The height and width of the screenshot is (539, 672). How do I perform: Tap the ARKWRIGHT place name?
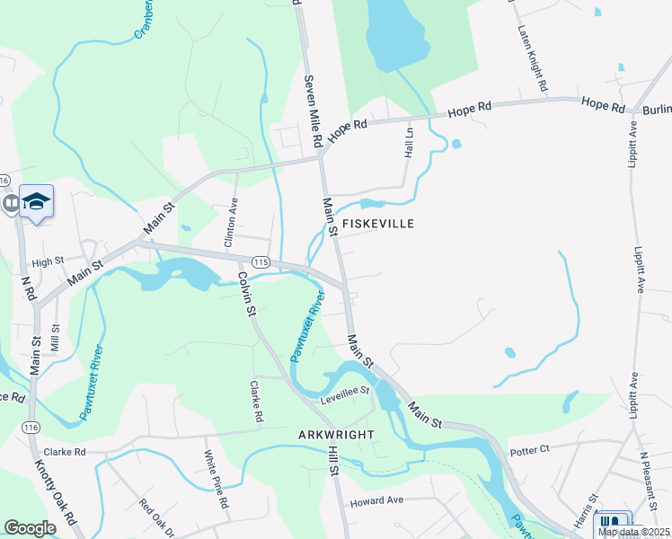(335, 434)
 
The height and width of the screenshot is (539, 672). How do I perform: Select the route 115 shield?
(261, 261)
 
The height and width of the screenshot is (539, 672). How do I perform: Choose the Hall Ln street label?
(410, 143)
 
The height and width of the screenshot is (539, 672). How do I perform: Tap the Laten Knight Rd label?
(533, 59)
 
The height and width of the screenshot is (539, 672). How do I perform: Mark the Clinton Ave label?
(230, 224)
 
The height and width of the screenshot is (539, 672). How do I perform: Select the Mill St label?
(56, 338)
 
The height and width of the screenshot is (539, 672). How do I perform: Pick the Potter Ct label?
(528, 449)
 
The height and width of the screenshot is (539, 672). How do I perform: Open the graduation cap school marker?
(37, 202)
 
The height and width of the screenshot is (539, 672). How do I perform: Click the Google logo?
(30, 527)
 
